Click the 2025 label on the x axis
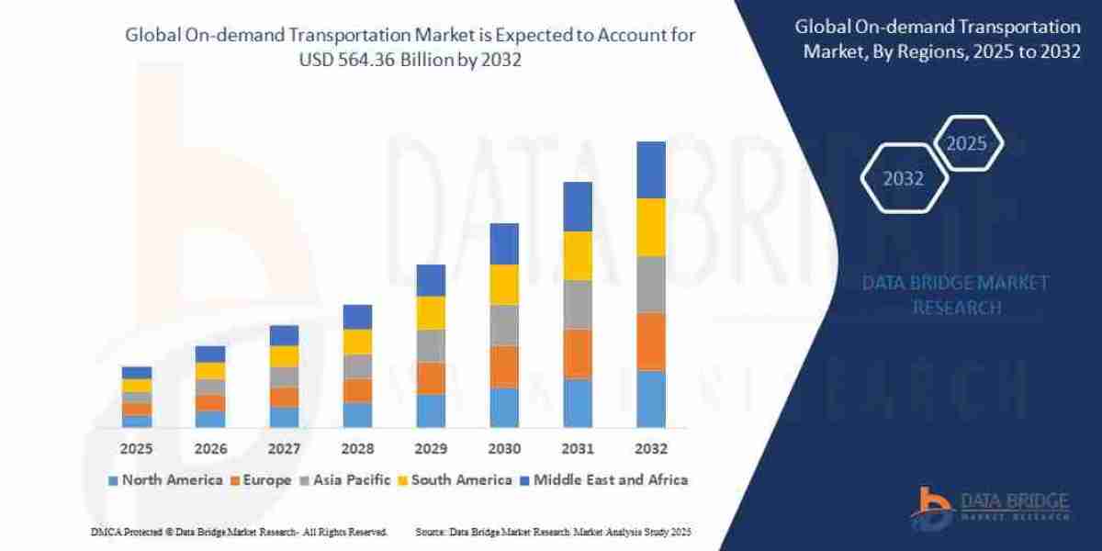click(x=136, y=449)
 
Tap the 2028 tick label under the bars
click(x=357, y=449)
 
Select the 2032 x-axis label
click(x=650, y=449)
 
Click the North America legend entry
click(x=165, y=479)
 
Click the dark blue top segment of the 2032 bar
click(x=650, y=170)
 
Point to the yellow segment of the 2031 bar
click(x=578, y=255)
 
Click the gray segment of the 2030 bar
click(x=504, y=325)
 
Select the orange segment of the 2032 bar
click(x=650, y=341)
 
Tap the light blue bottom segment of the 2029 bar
click(x=431, y=410)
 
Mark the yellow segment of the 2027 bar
click(x=284, y=356)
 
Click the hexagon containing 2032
click(x=904, y=179)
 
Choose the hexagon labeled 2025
click(x=966, y=143)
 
